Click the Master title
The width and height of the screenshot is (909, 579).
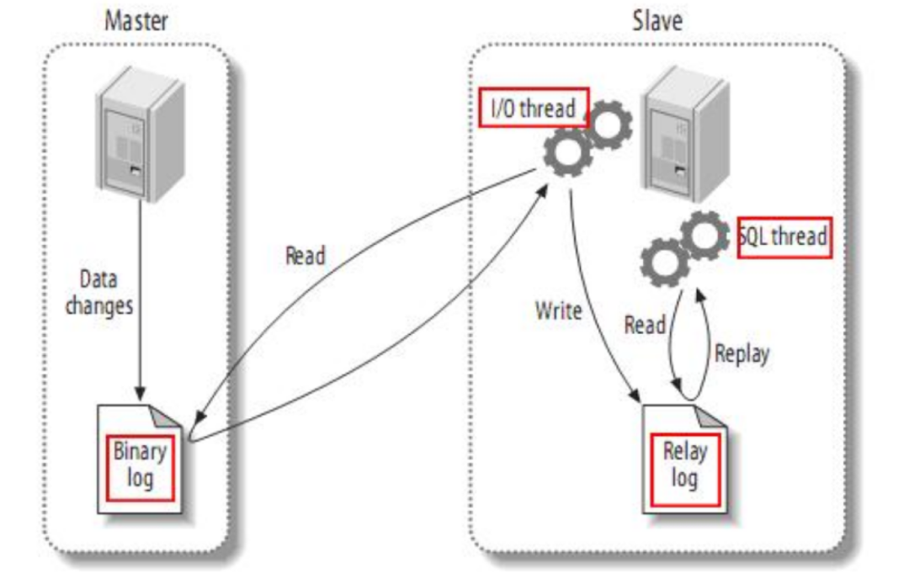[136, 20]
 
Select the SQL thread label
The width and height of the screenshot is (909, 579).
[784, 237]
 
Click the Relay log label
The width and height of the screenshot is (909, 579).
[685, 466]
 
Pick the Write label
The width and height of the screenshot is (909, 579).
[558, 311]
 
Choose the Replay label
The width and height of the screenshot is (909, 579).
[742, 353]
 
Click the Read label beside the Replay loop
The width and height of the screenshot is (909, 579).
[645, 325]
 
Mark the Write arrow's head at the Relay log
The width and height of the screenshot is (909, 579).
[636, 392]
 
